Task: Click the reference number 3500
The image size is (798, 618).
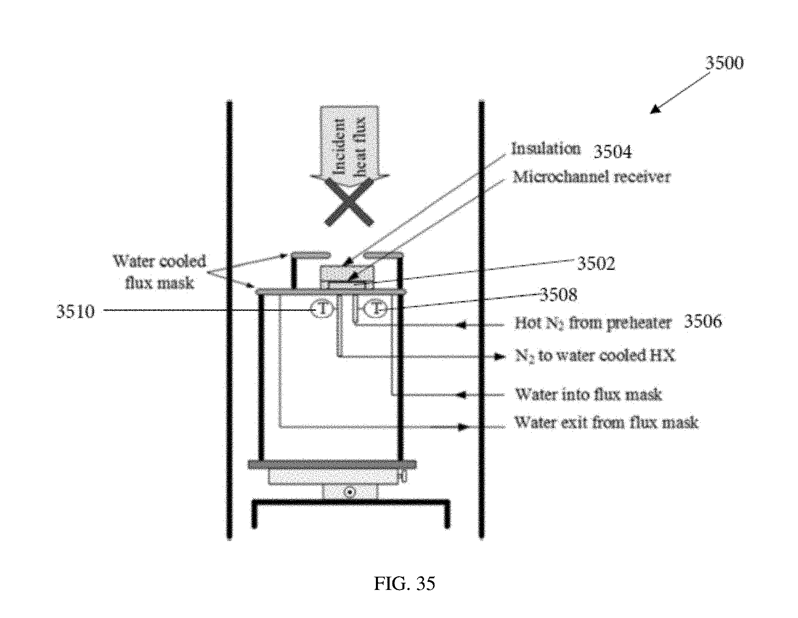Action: point(724,63)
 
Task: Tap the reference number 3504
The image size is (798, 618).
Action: point(612,152)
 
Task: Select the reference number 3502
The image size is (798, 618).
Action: point(596,263)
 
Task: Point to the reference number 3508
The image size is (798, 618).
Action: point(558,295)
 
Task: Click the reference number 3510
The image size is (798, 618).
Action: point(75,311)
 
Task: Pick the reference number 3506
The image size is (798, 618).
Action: point(703,322)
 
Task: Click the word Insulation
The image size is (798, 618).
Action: point(546,149)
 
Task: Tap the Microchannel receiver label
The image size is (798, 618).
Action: point(591,177)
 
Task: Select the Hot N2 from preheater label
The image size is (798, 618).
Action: point(592,323)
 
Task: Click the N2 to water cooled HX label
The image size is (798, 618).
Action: point(595,356)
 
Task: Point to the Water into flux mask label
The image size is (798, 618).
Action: point(588,395)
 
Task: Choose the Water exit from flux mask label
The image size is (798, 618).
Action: point(606,423)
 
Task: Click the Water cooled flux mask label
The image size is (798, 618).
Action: point(160,272)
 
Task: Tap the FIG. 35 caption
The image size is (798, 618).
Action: point(404,584)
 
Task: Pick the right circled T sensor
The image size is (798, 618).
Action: point(374,309)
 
